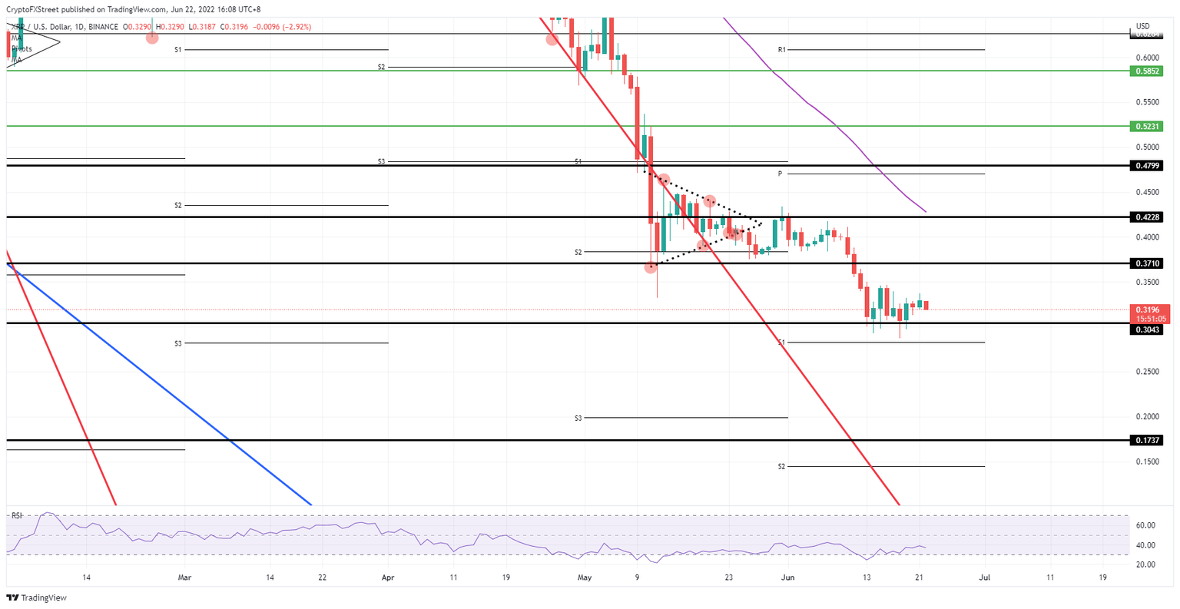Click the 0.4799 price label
point(1149,165)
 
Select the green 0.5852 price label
point(1149,71)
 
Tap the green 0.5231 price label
point(1149,126)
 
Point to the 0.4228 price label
point(1149,217)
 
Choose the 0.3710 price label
point(1149,263)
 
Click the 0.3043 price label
point(1149,329)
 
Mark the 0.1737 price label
point(1149,440)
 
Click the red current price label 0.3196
point(1149,309)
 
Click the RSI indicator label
point(17,515)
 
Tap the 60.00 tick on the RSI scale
point(1146,525)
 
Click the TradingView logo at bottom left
point(36,597)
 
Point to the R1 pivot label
point(781,50)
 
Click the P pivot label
point(780,174)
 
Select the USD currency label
point(1142,26)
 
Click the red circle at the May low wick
point(651,267)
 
